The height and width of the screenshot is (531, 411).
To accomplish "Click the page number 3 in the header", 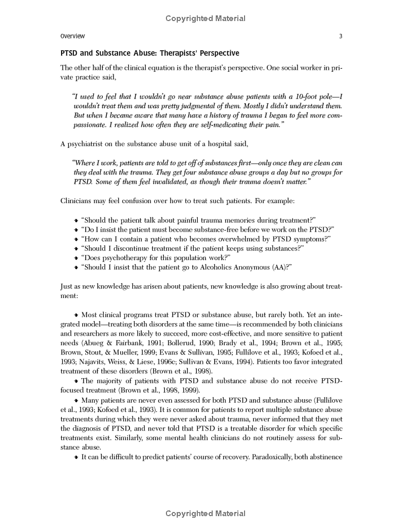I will point(341,36).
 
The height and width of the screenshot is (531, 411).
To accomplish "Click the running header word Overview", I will point(72,36).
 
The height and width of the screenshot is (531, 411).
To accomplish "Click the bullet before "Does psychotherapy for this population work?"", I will point(77,258).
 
